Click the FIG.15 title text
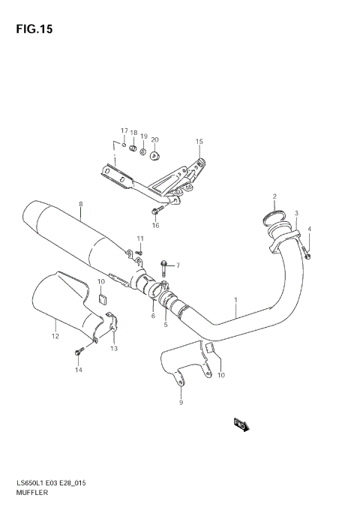[x=31, y=29]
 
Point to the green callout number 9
[x=180, y=403]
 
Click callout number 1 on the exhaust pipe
[x=235, y=300]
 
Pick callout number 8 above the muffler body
[x=80, y=203]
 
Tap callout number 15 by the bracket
[x=199, y=141]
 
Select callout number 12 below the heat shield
[x=55, y=325]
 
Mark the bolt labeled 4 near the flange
[x=308, y=257]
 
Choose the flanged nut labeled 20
[x=154, y=155]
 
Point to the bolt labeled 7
[x=164, y=265]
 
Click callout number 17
[x=124, y=130]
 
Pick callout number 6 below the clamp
[x=153, y=316]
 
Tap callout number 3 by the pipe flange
[x=296, y=214]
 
